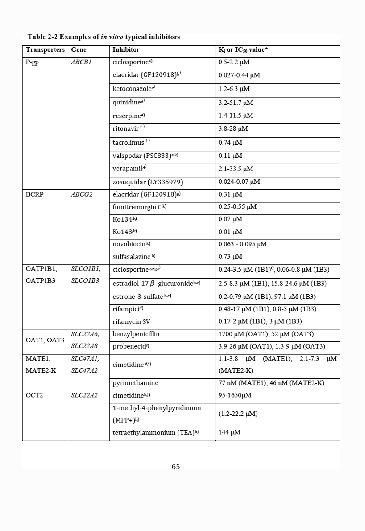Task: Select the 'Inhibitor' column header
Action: pos(126,50)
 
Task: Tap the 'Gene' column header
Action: pos(79,50)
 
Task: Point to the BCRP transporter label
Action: pos(34,194)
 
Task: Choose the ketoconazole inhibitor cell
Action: pos(134,89)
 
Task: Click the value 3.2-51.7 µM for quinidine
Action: pos(235,103)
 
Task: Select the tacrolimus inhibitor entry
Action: pos(131,143)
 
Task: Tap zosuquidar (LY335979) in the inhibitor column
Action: pos(147,182)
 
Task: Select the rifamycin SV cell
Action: pos(131,322)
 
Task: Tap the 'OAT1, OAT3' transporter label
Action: pos(45,340)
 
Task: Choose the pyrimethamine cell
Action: pos(135,383)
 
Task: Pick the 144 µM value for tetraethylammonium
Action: pos(229,433)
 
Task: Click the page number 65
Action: pos(176,467)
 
